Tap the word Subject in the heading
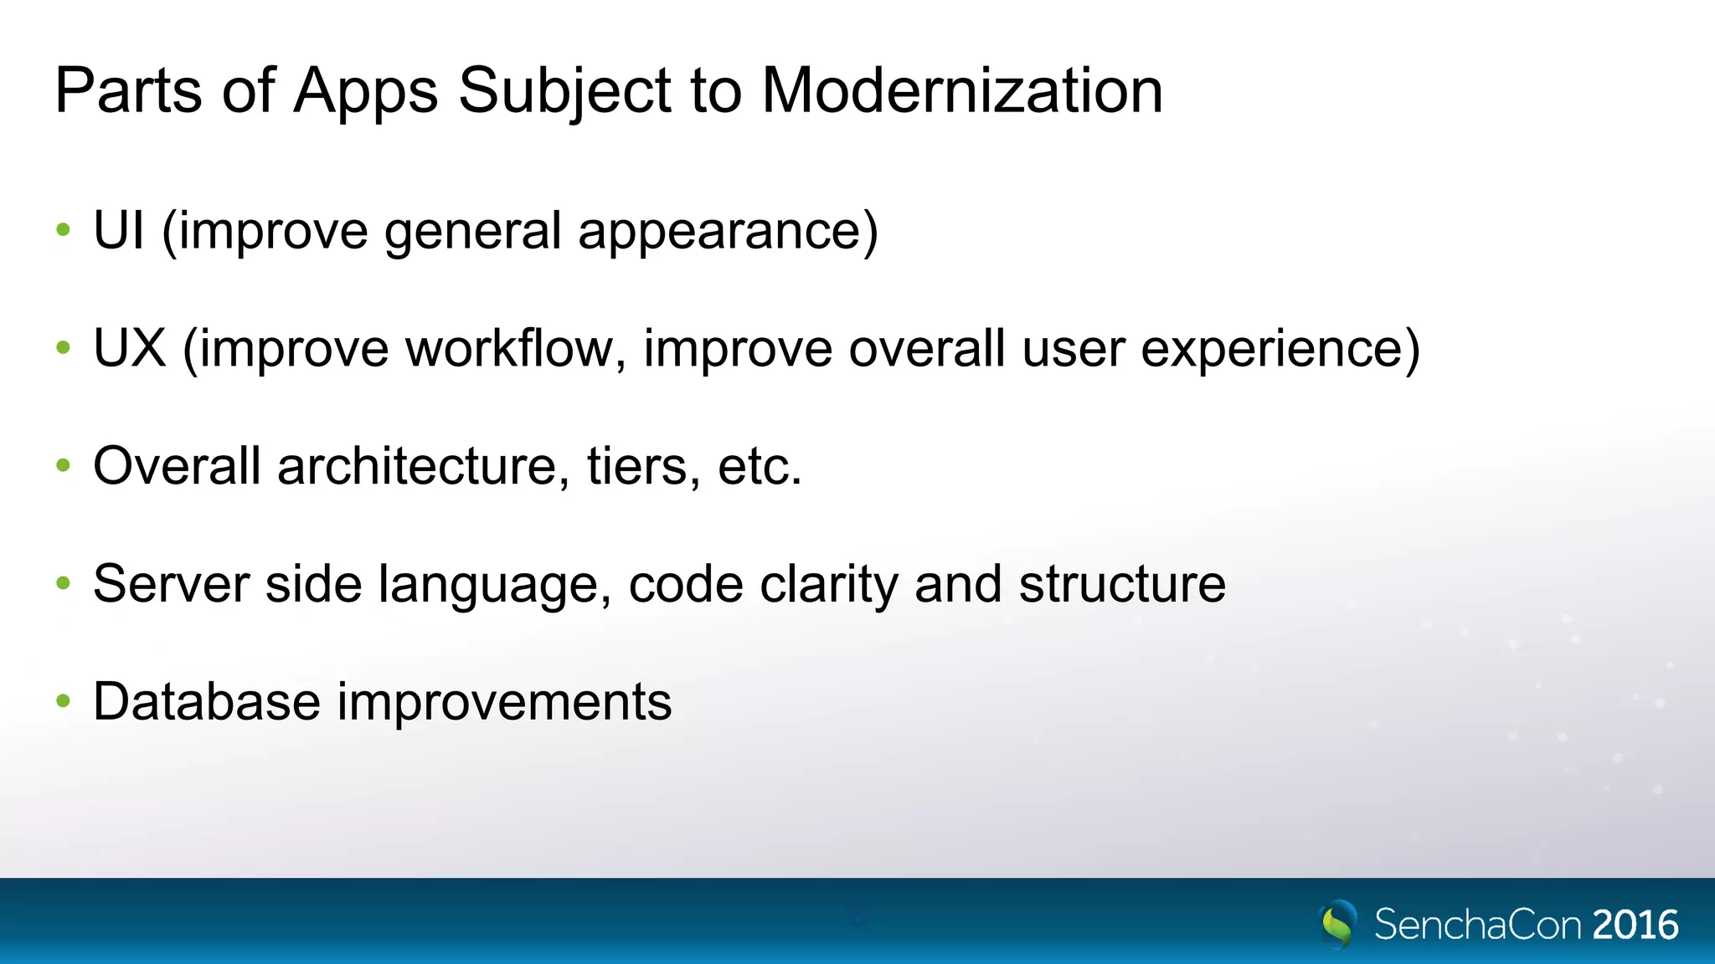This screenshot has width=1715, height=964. pos(564,90)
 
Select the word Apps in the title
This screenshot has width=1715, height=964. pos(366,90)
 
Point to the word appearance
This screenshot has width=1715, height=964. pos(727,232)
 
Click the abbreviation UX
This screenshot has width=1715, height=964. pos(130,348)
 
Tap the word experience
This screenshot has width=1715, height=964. pos(1280,350)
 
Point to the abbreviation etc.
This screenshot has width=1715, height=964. pos(759,466)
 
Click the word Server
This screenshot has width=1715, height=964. pos(171,583)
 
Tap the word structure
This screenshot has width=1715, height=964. pos(1122,583)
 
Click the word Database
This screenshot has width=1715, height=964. pos(206,701)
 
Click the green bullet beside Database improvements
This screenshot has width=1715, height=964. pos(64,701)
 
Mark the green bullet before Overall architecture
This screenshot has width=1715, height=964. pos(64,466)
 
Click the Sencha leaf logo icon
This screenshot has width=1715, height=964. pos(1337,924)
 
